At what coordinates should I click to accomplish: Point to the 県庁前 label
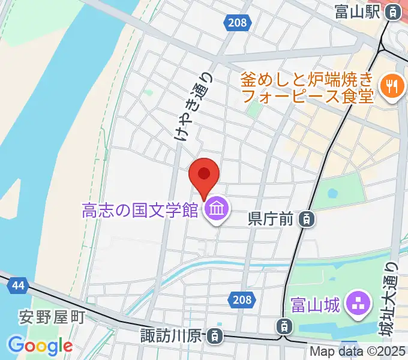point(270,220)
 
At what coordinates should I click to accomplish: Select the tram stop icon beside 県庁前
point(307,220)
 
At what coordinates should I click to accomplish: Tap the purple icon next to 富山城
point(358,304)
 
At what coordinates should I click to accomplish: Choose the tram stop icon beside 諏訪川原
point(214,336)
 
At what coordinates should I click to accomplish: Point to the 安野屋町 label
point(52,316)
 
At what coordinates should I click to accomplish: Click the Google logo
point(40,345)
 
